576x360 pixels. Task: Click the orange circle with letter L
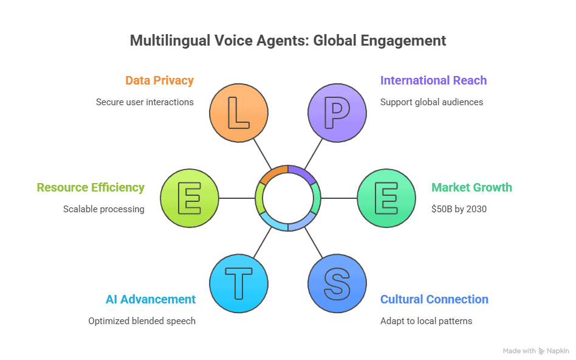pos(238,113)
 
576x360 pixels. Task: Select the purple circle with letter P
pos(337,113)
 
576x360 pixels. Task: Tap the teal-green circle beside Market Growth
pos(386,198)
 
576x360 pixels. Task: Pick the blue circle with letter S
pos(337,283)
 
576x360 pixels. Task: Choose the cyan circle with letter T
pos(238,283)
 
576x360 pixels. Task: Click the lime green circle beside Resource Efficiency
pos(190,198)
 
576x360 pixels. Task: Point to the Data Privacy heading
pos(160,80)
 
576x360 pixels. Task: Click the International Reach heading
pos(433,80)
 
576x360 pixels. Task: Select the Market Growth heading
pos(471,187)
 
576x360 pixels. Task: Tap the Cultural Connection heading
pos(434,299)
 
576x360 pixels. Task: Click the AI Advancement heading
pos(150,299)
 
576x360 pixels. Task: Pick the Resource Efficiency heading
pos(91,187)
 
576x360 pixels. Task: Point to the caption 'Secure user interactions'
pos(145,102)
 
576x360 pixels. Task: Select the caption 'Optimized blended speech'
pos(142,320)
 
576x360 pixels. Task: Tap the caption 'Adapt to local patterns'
pos(426,320)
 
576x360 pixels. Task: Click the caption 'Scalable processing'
pos(104,209)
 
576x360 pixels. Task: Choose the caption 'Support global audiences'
pos(431,102)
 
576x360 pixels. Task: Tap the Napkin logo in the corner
pos(555,351)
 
